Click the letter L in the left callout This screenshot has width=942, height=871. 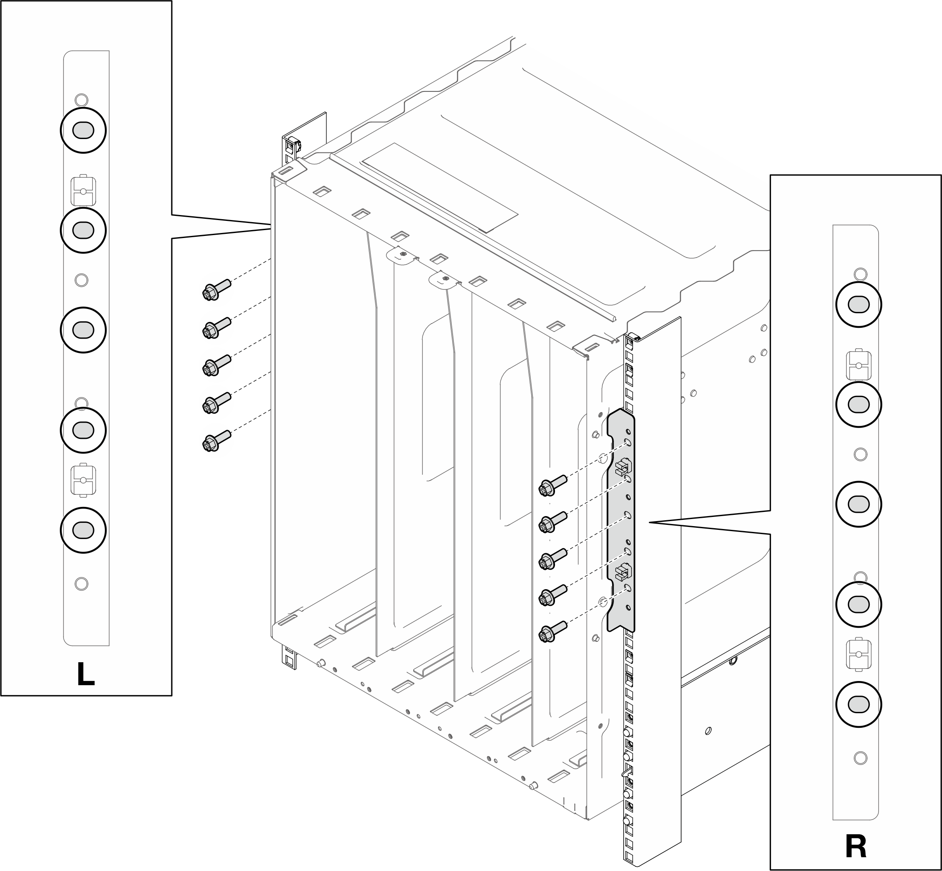(86, 674)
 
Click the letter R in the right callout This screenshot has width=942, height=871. (855, 846)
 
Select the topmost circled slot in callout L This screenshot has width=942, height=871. (83, 130)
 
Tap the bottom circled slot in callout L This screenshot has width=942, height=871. (83, 530)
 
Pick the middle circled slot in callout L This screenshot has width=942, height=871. (83, 329)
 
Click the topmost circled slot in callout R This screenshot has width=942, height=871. (858, 304)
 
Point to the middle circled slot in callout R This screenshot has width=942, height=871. (858, 504)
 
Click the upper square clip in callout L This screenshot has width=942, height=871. (83, 191)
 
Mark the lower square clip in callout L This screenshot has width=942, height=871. (83, 480)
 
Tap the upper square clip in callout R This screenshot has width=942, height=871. (859, 365)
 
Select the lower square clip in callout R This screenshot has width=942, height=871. (859, 655)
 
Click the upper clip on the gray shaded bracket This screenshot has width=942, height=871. (623, 466)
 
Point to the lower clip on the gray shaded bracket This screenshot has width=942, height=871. (623, 571)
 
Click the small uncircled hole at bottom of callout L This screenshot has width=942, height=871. (81, 583)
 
